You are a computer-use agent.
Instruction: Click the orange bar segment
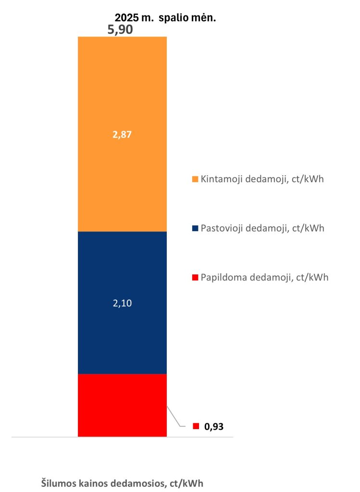[x=122, y=96]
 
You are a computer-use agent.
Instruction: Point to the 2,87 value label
[x=122, y=135]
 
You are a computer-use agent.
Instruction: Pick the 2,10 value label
[x=122, y=303]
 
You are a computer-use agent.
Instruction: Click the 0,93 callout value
[x=214, y=426]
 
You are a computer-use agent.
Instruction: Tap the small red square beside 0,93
[x=196, y=426]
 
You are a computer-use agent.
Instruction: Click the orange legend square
[x=195, y=179]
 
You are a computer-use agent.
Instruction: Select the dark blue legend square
[x=195, y=228]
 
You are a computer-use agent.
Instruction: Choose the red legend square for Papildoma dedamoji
[x=195, y=277]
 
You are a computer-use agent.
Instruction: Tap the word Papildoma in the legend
[x=223, y=277]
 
